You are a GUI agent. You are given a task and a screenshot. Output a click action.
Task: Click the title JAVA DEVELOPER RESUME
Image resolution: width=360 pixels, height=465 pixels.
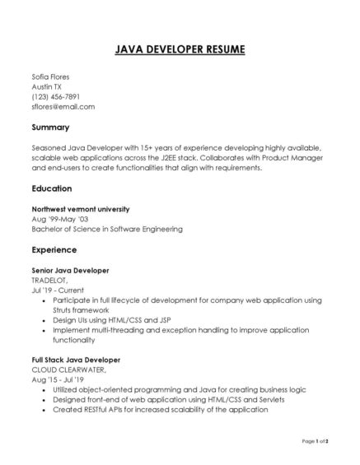pyautogui.click(x=180, y=50)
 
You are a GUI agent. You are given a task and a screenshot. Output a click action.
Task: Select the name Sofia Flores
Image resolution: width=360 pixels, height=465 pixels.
pyautogui.click(x=52, y=76)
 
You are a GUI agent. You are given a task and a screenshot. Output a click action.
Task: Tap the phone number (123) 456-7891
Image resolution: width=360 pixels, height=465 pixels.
pyautogui.click(x=55, y=96)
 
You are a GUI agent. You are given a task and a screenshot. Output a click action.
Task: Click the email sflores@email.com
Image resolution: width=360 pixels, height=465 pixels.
pyautogui.click(x=63, y=107)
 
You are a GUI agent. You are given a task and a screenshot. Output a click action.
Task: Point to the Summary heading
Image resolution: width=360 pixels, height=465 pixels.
pyautogui.click(x=50, y=128)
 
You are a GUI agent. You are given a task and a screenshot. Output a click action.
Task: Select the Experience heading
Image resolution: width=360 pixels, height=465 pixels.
pyautogui.click(x=54, y=249)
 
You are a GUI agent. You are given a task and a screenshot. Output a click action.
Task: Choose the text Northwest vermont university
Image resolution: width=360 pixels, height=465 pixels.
pyautogui.click(x=80, y=209)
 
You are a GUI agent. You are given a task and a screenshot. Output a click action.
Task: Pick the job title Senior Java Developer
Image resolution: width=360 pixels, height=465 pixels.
pyautogui.click(x=70, y=270)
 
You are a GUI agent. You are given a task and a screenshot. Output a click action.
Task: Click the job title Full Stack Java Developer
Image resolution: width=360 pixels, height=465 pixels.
pyautogui.click(x=76, y=360)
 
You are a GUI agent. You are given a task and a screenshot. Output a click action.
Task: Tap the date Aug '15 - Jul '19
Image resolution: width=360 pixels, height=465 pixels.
pyautogui.click(x=58, y=379)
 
